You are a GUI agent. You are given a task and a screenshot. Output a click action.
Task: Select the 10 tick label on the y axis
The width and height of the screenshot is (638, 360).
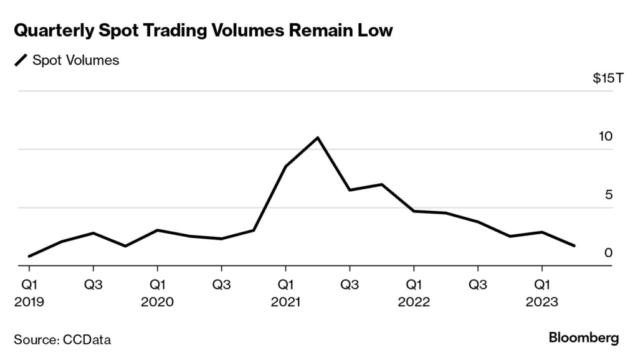coord(606,136)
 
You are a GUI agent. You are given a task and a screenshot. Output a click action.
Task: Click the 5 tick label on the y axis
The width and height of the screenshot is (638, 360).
coord(609,194)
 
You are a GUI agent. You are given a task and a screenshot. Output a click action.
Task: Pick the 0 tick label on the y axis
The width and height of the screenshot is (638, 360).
coord(609,253)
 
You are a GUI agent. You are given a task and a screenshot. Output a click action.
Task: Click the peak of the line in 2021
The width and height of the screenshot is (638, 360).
coord(318,138)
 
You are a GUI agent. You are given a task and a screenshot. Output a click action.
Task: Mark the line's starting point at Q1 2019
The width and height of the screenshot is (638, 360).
coord(29,256)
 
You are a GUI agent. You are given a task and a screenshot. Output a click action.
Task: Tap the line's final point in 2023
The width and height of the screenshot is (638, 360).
coord(574,246)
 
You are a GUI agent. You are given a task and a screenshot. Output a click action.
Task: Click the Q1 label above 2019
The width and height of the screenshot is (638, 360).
coord(29,285)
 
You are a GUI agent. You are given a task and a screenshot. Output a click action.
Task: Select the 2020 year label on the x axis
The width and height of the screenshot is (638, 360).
coord(158,302)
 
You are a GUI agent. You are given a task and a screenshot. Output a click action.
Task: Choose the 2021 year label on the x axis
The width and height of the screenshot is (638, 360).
coord(285,302)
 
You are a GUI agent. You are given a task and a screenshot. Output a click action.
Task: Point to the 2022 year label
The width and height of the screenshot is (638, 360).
coord(414,302)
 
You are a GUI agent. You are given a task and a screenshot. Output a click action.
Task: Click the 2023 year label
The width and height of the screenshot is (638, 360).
coord(542,302)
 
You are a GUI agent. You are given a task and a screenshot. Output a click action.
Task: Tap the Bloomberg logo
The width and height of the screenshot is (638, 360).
coord(584,338)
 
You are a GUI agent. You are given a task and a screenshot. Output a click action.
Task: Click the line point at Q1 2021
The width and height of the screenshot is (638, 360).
coord(285,166)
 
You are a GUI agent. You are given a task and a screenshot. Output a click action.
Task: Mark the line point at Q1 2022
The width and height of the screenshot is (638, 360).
coord(414,211)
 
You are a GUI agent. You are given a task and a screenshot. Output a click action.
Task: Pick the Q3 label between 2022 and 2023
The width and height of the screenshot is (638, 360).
coord(478,285)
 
